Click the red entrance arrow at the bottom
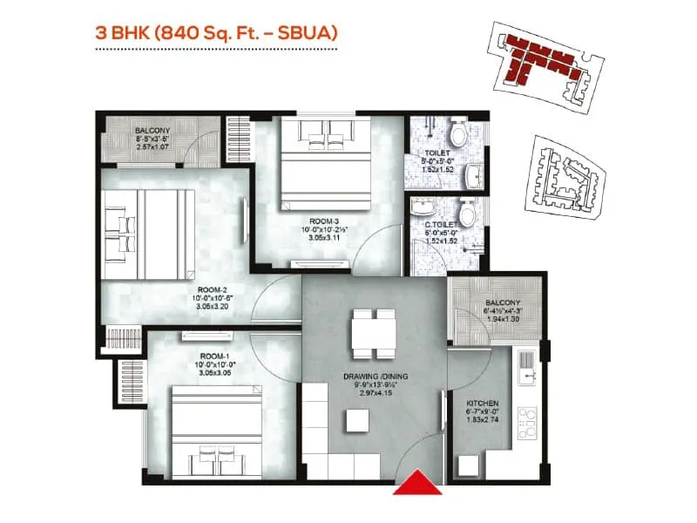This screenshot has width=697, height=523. coord(419,480)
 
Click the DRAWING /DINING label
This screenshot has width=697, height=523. coord(375,377)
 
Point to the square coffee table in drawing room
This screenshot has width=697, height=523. coord(355,420)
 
